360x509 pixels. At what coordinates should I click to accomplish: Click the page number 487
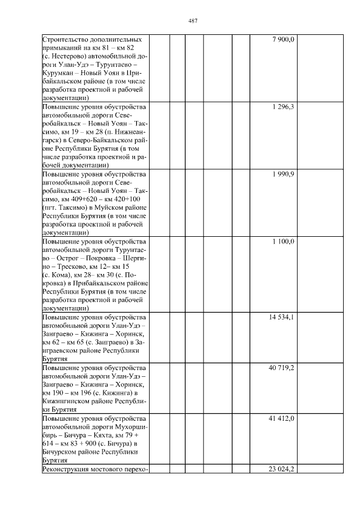(192, 21)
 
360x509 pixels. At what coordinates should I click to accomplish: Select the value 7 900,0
(283, 39)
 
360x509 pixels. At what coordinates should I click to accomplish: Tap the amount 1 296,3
(283, 106)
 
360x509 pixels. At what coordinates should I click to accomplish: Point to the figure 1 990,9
(283, 174)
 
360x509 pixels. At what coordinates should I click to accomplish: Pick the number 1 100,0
(283, 241)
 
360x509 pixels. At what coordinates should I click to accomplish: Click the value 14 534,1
(282, 317)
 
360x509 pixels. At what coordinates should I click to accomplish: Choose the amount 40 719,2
(282, 368)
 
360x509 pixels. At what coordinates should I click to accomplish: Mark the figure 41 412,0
(282, 418)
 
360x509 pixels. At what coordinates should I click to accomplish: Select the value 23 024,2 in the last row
(282, 469)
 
